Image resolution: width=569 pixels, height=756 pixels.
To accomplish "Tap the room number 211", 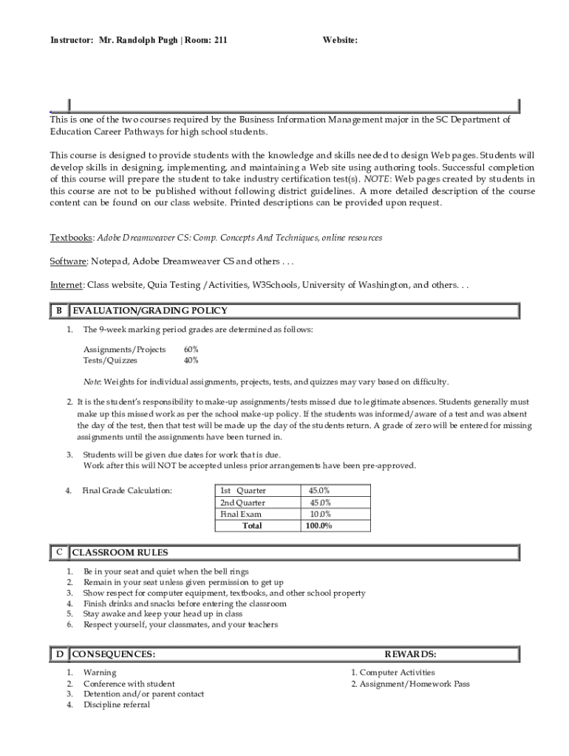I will click(x=220, y=41).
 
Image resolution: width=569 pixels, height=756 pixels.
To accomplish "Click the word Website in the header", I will click(x=339, y=41).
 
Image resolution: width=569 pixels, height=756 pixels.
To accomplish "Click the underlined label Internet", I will click(x=67, y=285).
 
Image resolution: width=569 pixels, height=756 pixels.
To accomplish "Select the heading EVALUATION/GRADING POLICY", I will click(x=149, y=311).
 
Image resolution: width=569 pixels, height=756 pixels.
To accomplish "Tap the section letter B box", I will click(x=58, y=311).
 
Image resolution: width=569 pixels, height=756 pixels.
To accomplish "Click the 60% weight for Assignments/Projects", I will click(x=191, y=349).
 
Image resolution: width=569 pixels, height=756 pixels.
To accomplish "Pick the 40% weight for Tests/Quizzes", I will click(x=191, y=360).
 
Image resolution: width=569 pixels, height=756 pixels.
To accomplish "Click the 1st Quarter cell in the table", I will click(x=243, y=491).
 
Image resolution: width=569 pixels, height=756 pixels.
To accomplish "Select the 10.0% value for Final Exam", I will click(x=320, y=515).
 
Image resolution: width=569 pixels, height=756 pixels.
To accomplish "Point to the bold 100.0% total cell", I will click(x=319, y=526).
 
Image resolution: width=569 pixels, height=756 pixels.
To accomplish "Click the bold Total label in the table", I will click(x=251, y=526).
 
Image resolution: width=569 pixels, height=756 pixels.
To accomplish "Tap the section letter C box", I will click(x=58, y=552).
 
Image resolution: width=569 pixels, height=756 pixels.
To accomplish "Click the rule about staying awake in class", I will click(x=163, y=614).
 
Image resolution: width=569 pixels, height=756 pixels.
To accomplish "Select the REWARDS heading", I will click(x=410, y=654).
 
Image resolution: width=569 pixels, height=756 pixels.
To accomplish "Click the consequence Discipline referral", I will click(x=117, y=705).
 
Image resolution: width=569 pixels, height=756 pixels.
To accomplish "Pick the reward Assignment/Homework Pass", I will click(x=410, y=684).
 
